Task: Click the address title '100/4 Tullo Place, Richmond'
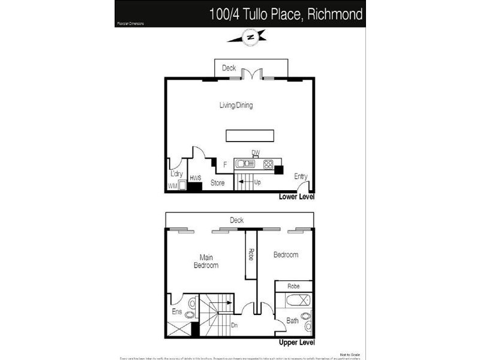pyautogui.click(x=286, y=14)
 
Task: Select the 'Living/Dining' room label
pyautogui.click(x=236, y=106)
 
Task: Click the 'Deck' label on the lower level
pyautogui.click(x=229, y=68)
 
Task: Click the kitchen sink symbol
pyautogui.click(x=245, y=163)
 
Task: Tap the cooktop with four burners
pyautogui.click(x=268, y=163)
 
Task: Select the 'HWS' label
pyautogui.click(x=194, y=178)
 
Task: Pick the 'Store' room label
pyautogui.click(x=217, y=182)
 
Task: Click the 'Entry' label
pyautogui.click(x=301, y=176)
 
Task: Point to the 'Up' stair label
pyautogui.click(x=257, y=182)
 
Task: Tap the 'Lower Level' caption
pyautogui.click(x=296, y=197)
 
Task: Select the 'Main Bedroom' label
pyautogui.click(x=205, y=261)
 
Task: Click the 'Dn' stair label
pyautogui.click(x=234, y=325)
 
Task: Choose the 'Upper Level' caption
pyautogui.click(x=296, y=343)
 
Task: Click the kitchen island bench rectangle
pyautogui.click(x=249, y=136)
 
